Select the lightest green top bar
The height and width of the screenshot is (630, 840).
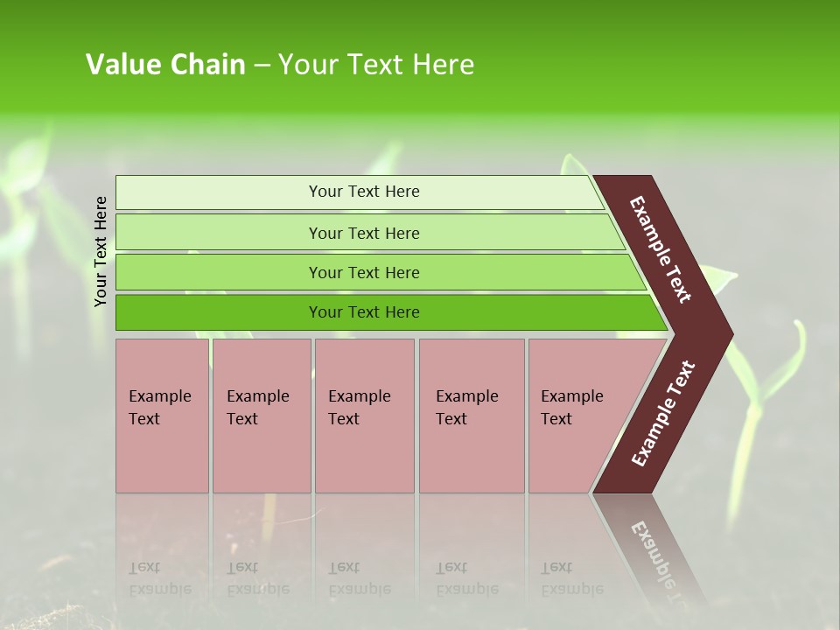pyautogui.click(x=359, y=192)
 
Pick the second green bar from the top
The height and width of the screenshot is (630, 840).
pyautogui.click(x=367, y=233)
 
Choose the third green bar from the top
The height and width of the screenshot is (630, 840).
pyautogui.click(x=376, y=272)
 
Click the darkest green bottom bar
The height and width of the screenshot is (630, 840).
pyautogui.click(x=385, y=312)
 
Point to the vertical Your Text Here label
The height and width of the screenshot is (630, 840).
pyautogui.click(x=101, y=251)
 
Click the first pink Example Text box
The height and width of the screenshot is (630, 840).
pyautogui.click(x=162, y=415)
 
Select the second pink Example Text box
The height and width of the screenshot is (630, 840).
pyautogui.click(x=261, y=415)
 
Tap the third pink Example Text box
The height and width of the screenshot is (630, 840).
pyautogui.click(x=364, y=415)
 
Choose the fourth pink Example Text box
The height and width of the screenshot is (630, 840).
pyautogui.click(x=472, y=415)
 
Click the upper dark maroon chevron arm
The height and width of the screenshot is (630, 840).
pyautogui.click(x=661, y=249)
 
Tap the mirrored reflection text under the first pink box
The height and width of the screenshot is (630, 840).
pyautogui.click(x=159, y=578)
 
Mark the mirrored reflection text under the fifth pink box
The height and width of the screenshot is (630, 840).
pyautogui.click(x=571, y=578)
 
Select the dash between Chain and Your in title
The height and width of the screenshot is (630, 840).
pyautogui.click(x=262, y=66)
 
